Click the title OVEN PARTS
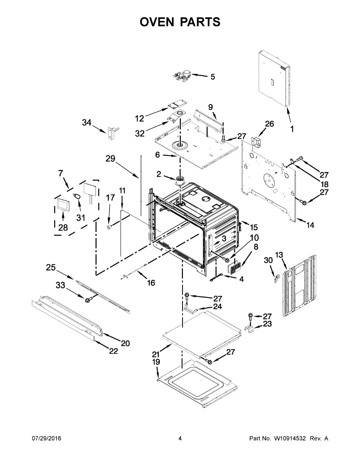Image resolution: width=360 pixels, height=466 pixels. tap(180, 22)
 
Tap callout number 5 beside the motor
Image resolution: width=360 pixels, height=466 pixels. tap(212, 77)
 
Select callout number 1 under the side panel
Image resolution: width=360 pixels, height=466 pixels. tap(292, 129)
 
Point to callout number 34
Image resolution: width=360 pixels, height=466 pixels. tap(87, 123)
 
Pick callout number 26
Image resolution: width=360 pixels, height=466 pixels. tap(269, 124)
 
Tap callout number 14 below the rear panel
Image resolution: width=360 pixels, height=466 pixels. tap(310, 225)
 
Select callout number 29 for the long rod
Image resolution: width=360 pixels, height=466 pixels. tap(111, 158)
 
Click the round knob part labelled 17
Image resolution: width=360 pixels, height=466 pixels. tap(110, 226)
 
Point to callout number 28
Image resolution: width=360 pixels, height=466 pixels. tap(63, 228)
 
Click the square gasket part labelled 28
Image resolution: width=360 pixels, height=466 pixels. tap(62, 204)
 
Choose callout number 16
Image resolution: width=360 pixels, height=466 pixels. tap(151, 283)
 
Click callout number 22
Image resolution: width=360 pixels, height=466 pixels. tap(113, 351)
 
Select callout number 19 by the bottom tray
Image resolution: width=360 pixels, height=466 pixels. tap(156, 362)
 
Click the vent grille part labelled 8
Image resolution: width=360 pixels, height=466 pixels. tap(234, 268)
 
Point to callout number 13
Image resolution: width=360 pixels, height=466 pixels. tap(279, 255)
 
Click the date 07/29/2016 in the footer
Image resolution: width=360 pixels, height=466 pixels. tap(46, 438)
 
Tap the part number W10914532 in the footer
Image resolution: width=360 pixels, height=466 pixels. tap(289, 438)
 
